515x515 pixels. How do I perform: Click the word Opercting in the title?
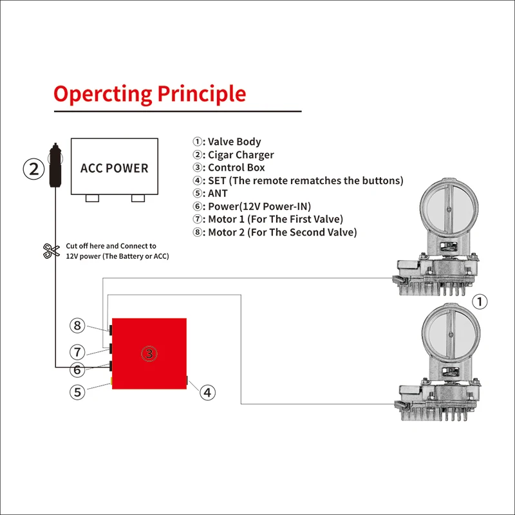coord(101,95)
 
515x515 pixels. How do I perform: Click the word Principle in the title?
coord(202,95)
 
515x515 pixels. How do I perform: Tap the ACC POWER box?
coord(114,167)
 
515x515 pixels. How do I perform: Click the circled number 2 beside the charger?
coord(33,169)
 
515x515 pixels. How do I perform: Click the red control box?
coord(149,353)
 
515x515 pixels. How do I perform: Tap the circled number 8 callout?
coord(77,325)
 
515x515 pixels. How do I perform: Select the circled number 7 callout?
coord(77,351)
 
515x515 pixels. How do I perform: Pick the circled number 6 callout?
coord(77,370)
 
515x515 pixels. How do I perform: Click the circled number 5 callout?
coord(77,391)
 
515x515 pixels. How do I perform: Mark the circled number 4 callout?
coord(207,391)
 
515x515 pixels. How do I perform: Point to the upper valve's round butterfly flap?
coord(445,209)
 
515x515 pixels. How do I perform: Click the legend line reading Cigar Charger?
coord(233,154)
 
